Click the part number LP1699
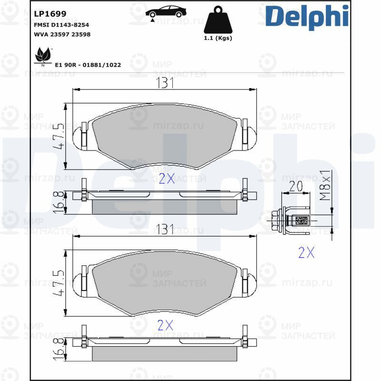50,14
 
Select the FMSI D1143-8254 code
61,25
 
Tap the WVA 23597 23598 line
62,34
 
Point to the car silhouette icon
166,12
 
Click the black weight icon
218,20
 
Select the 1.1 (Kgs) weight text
218,38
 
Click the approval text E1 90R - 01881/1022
88,65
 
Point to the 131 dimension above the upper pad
165,83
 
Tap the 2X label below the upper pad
166,179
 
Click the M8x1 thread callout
325,185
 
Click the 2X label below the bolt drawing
306,252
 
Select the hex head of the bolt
277,221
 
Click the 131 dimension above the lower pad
165,229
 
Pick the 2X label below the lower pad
165,325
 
